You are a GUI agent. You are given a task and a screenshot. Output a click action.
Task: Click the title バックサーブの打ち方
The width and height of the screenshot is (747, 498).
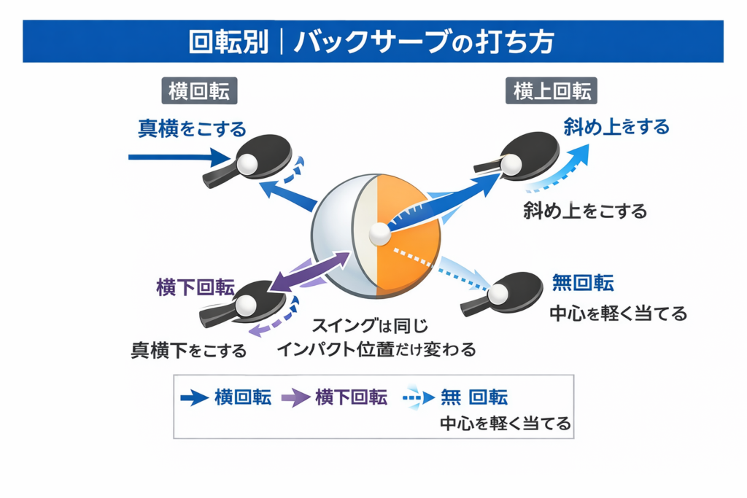coord(423,42)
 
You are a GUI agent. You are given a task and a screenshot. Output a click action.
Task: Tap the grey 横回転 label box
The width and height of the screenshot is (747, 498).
coord(199,91)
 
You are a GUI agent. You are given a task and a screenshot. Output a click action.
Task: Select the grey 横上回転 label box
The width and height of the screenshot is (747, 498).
coord(551,91)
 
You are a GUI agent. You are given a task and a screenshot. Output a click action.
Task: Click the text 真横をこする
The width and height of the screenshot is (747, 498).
coord(193,130)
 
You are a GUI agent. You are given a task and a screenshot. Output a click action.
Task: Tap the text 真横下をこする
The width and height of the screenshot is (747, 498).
coord(188,351)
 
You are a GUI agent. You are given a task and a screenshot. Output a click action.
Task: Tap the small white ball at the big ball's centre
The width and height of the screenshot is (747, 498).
coord(379,234)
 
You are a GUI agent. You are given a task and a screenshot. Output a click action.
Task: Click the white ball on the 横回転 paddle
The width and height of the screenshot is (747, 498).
coord(249,163)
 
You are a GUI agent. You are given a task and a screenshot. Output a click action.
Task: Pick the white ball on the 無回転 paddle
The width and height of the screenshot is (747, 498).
coord(498,293)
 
